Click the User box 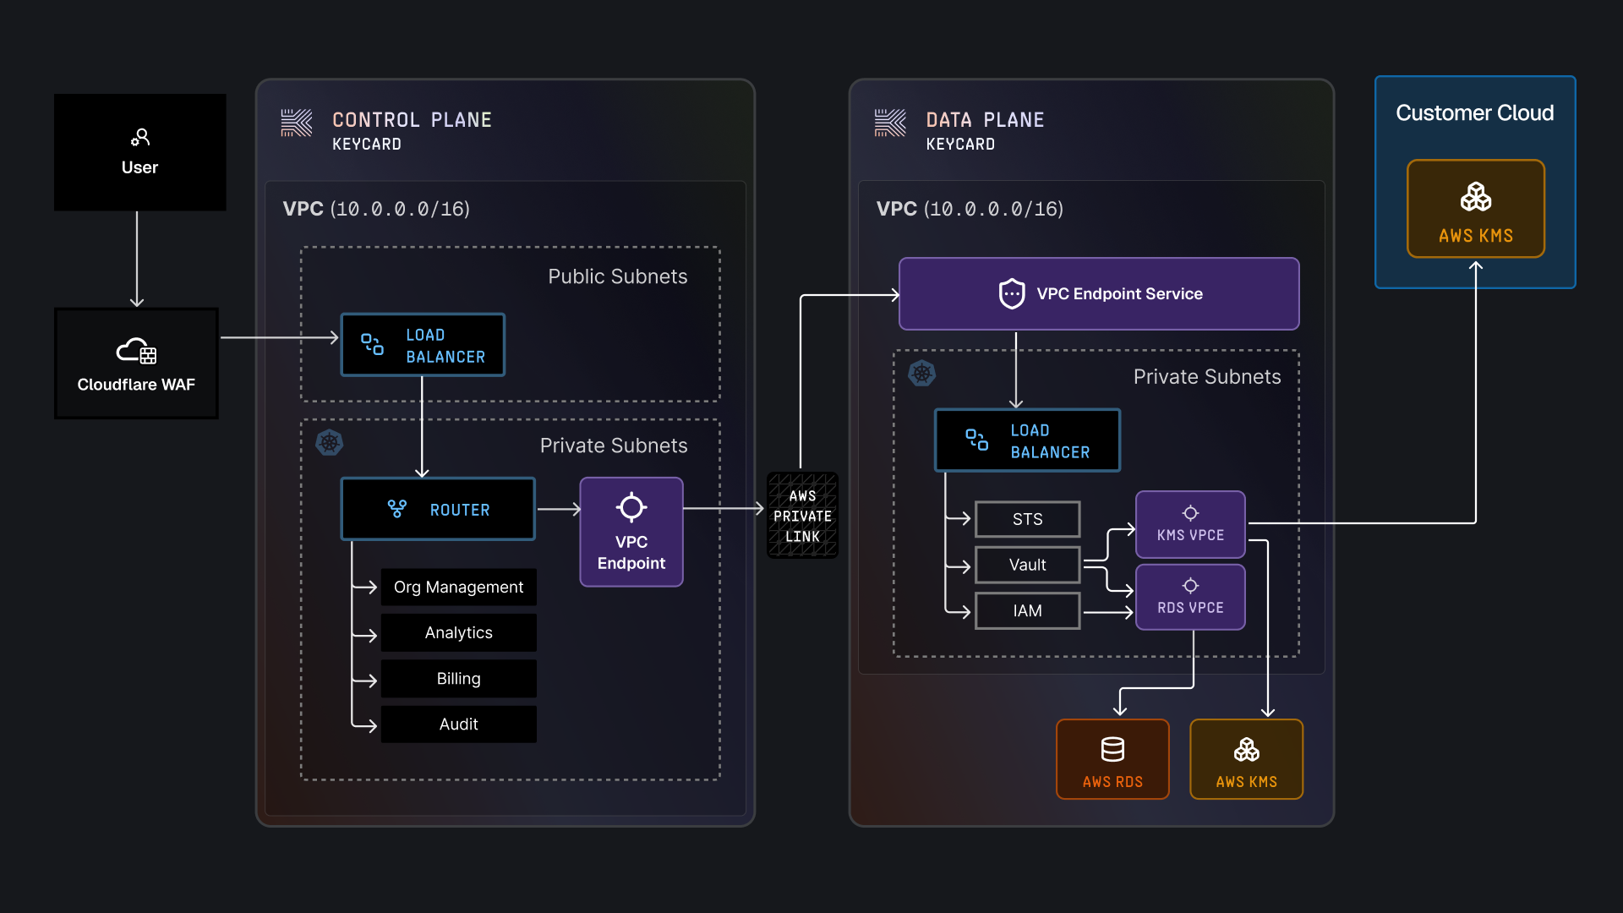click(x=139, y=152)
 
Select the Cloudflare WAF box click(x=136, y=364)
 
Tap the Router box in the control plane click(x=438, y=509)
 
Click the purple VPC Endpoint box click(x=631, y=532)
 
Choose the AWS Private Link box click(x=802, y=516)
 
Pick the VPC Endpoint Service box click(x=1099, y=293)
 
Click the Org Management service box click(x=458, y=587)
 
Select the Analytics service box click(x=458, y=632)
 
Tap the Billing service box click(x=458, y=679)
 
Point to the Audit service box click(x=458, y=724)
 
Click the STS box click(x=1027, y=519)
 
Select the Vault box click(x=1027, y=565)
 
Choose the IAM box click(x=1027, y=610)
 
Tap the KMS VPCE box click(x=1190, y=524)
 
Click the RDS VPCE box click(x=1190, y=597)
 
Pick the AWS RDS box click(x=1112, y=759)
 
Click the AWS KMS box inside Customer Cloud click(x=1476, y=209)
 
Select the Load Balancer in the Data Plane click(x=1027, y=440)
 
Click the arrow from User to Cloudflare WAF click(x=137, y=259)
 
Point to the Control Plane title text click(x=412, y=120)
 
